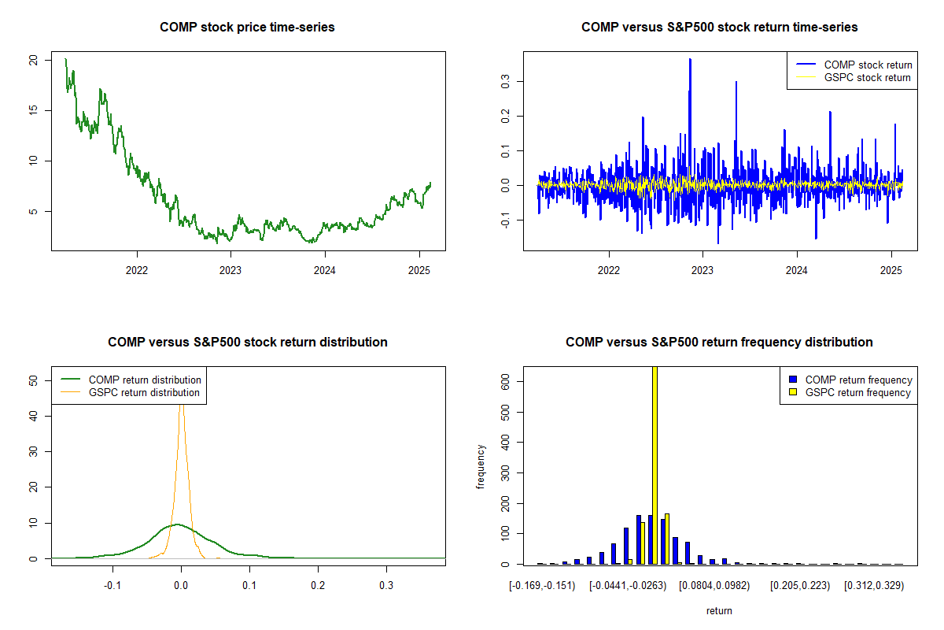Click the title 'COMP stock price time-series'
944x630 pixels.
247,27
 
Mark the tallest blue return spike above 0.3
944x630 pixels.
690,60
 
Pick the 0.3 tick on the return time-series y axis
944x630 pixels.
506,81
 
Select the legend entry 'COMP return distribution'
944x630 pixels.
145,380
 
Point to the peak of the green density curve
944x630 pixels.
177,524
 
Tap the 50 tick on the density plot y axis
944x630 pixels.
33,380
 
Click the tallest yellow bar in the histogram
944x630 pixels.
655,465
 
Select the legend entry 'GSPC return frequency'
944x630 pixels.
858,392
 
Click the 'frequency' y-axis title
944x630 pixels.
481,466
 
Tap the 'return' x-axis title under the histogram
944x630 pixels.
719,610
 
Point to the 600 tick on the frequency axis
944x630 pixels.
505,380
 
